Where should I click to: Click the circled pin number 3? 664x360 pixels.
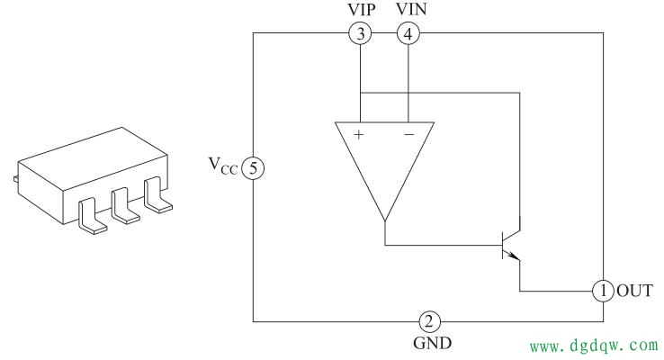(361, 33)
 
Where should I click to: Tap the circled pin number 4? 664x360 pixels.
(408, 33)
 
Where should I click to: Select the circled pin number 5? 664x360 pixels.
(253, 168)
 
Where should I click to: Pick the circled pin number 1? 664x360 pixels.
(603, 291)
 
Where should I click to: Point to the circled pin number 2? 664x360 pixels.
(429, 322)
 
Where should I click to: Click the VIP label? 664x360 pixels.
(361, 9)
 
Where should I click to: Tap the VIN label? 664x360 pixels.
(411, 9)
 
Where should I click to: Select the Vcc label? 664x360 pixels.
(223, 166)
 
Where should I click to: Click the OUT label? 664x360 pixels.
(635, 291)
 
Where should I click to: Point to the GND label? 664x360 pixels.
(432, 343)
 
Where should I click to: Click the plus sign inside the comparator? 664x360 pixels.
(359, 135)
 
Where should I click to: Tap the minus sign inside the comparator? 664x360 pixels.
(409, 135)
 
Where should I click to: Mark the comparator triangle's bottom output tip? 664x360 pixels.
(385, 220)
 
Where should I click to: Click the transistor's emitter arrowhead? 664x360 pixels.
(514, 256)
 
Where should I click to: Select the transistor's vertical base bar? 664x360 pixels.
(503, 245)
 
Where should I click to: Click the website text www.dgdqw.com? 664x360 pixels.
(594, 346)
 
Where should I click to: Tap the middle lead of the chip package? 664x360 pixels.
(124, 206)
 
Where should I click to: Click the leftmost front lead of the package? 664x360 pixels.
(92, 216)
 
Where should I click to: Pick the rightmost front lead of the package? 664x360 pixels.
(157, 195)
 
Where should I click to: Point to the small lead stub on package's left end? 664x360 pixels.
(15, 179)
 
